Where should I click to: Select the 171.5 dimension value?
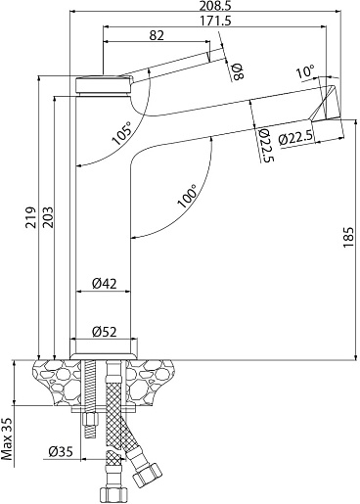coord(216,21)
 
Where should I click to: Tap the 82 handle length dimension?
coord(157,35)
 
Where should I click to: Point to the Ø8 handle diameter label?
coord(237,71)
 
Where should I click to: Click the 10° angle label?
coord(305,71)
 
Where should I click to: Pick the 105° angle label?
coord(122,133)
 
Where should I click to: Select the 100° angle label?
coord(188,196)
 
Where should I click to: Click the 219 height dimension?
coord(30,217)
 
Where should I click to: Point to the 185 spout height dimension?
coord(348,237)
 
